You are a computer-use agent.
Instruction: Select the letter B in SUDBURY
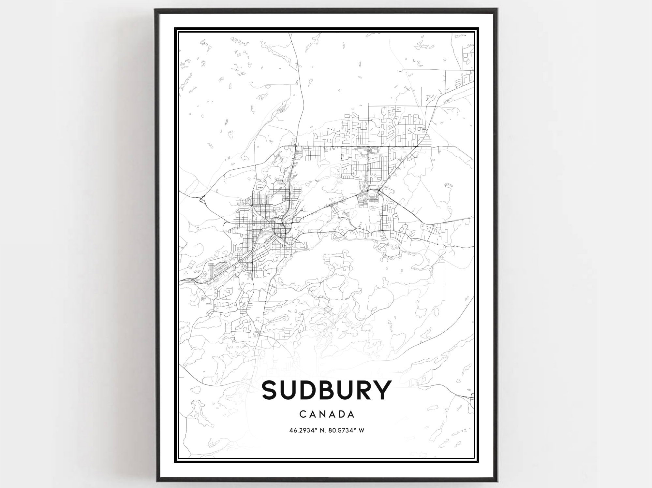(x=323, y=390)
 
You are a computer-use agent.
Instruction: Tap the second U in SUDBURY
(x=342, y=390)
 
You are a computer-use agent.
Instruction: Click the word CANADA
(x=327, y=414)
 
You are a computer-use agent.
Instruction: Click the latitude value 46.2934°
(x=303, y=430)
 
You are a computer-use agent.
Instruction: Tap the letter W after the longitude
(x=361, y=430)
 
